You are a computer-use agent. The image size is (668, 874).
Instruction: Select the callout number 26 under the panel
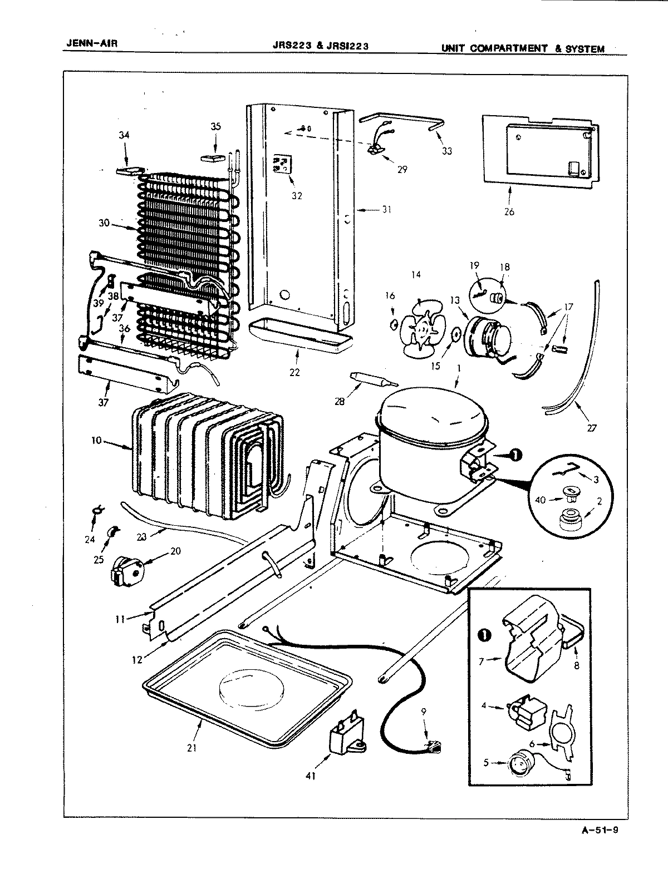[x=509, y=211]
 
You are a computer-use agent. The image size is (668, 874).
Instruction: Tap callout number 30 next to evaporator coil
[x=104, y=224]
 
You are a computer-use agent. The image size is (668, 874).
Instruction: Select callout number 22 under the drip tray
[x=294, y=372]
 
